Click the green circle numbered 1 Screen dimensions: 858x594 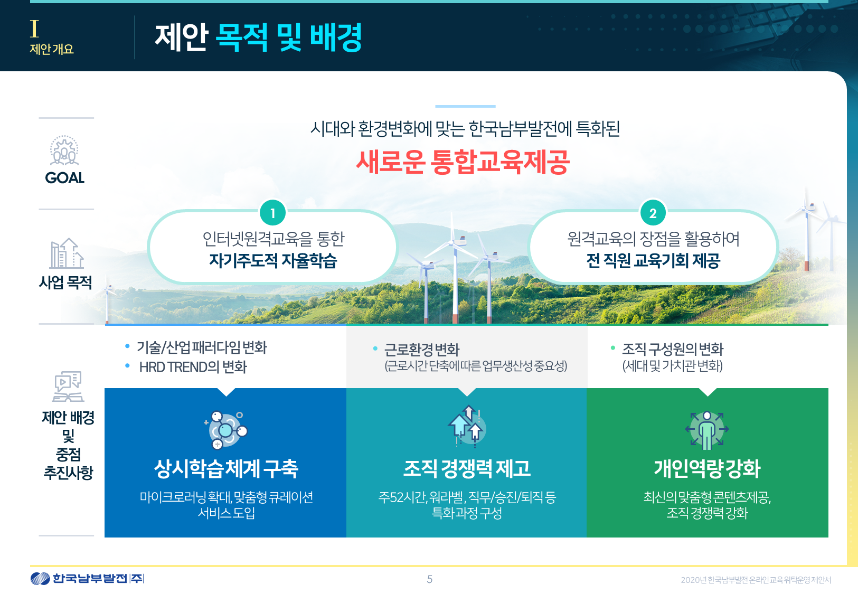coord(272,213)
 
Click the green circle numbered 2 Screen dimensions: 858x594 coord(653,213)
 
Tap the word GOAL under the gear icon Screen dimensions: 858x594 coord(65,178)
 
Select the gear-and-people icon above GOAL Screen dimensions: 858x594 coord(64,150)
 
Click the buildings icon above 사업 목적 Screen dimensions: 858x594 coord(67,253)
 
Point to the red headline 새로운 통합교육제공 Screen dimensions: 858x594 coord(463,162)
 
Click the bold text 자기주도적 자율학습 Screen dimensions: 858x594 coord(273,261)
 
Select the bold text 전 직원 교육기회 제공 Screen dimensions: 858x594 coord(653,261)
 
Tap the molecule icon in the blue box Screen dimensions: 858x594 coord(226,430)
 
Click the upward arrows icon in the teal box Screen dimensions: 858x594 coord(467,427)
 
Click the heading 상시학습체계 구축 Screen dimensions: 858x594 coord(226,469)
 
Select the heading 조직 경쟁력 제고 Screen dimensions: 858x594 coord(467,469)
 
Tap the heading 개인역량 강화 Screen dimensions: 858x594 coord(707,469)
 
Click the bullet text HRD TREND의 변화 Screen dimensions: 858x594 coord(193,367)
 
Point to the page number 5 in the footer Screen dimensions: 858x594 coord(430,579)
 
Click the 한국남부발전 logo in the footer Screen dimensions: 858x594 coord(87,578)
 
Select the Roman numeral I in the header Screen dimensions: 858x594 coord(34,29)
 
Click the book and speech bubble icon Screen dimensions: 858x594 coord(68,386)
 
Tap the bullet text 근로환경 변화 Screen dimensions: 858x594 coord(422,350)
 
